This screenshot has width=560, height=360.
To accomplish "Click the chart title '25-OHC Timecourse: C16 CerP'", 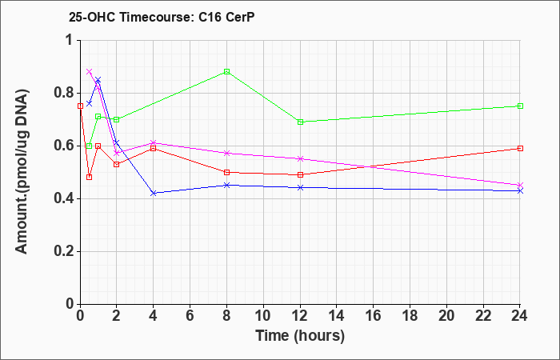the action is coord(162,17).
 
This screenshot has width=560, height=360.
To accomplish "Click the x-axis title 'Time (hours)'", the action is coord(300,336).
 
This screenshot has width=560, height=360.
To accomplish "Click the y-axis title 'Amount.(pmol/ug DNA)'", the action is coord(22,172).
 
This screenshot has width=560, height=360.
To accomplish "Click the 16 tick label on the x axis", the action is coord(374,315).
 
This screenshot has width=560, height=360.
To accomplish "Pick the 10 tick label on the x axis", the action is coord(263,315).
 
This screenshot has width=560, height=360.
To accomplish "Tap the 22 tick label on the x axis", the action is coord(483,315).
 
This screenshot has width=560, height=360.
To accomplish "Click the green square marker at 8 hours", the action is coord(226,71).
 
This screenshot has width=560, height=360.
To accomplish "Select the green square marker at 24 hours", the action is coord(520,106).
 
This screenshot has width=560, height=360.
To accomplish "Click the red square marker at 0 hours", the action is coord(80,106).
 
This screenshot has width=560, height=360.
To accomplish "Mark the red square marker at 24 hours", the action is coord(520,148).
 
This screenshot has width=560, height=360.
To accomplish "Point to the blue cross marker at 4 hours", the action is coord(154,194).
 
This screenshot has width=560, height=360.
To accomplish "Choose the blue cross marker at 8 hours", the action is coord(226,185).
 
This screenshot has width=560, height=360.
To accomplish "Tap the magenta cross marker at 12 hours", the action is coord(300,158).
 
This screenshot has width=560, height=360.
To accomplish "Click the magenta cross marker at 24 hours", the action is coord(520,185).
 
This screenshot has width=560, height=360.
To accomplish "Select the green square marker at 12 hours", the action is coord(300,122).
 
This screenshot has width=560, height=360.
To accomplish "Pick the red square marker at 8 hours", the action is coord(226,172).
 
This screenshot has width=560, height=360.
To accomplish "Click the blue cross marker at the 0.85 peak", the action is coord(98,80).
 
